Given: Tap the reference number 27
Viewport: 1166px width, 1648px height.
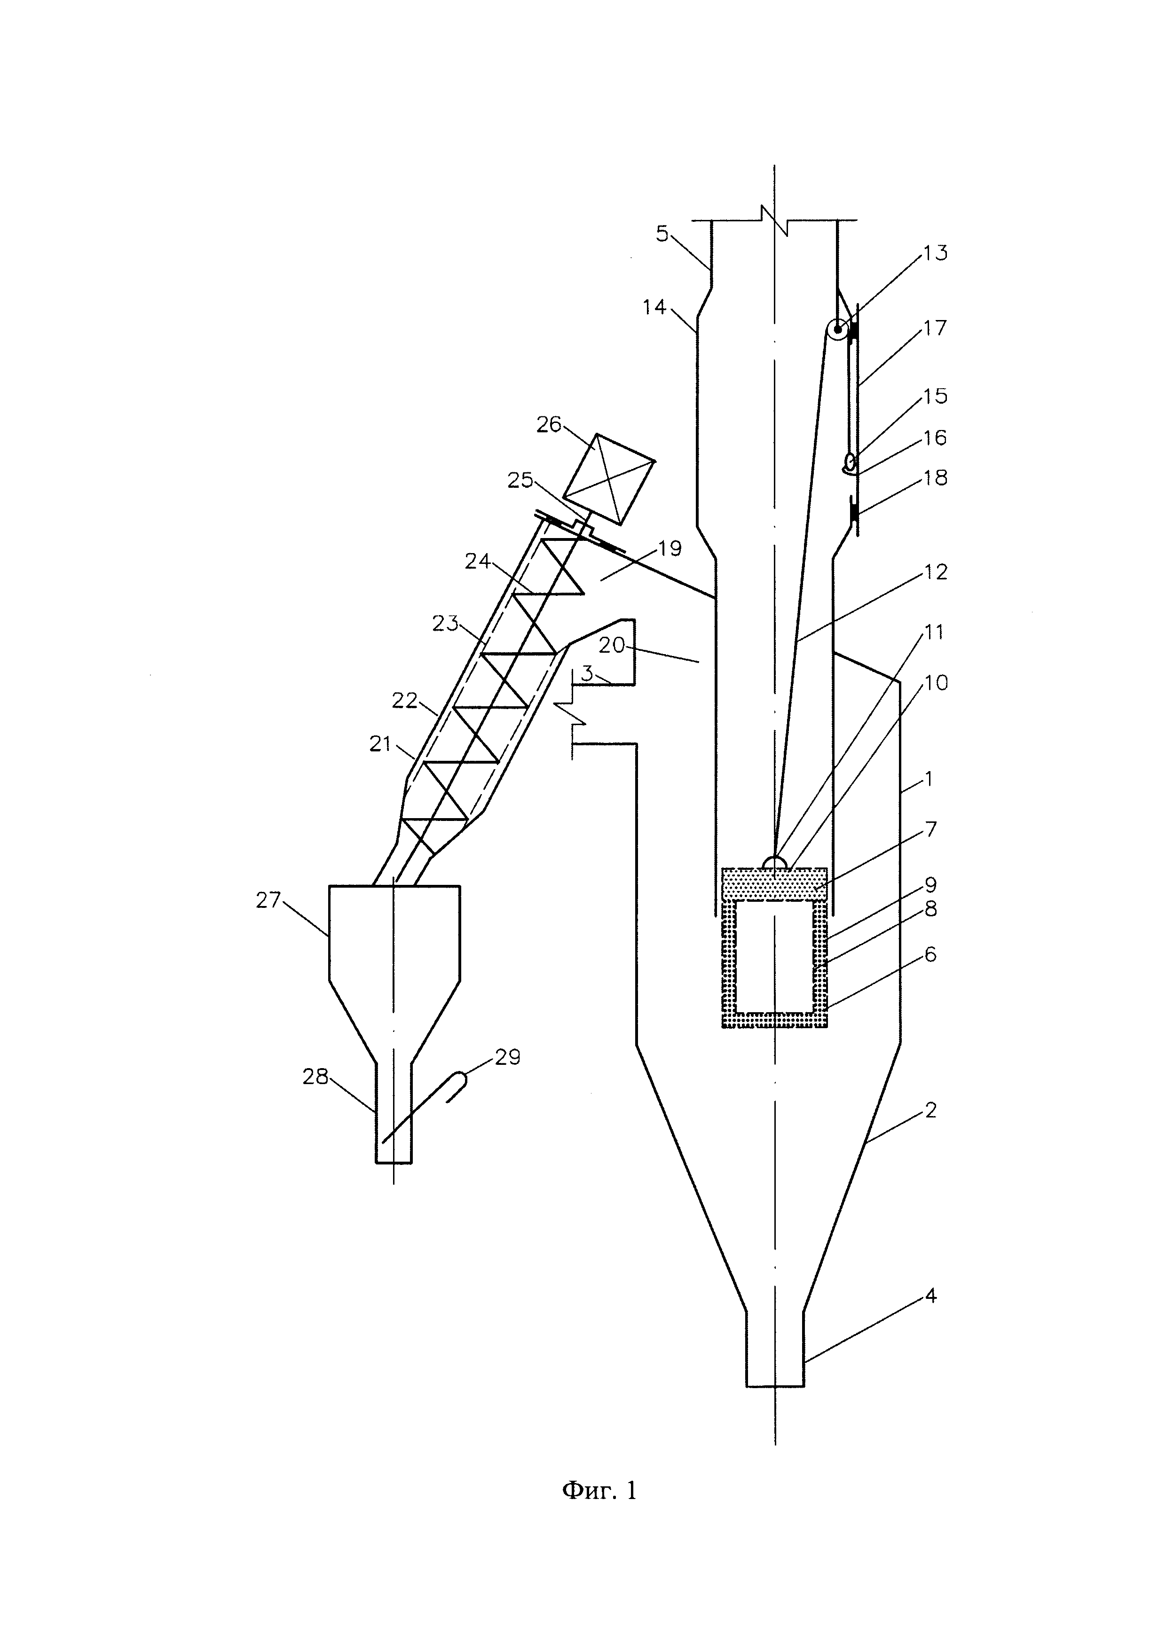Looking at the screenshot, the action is [x=268, y=900].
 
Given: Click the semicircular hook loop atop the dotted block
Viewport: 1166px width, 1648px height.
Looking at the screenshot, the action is [x=776, y=861].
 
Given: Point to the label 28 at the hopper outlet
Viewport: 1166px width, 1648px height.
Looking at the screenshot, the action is [x=315, y=1077].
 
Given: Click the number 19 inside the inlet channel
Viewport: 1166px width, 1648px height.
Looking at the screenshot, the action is [x=669, y=549].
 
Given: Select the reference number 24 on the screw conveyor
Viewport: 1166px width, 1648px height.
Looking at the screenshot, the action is [x=478, y=561].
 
